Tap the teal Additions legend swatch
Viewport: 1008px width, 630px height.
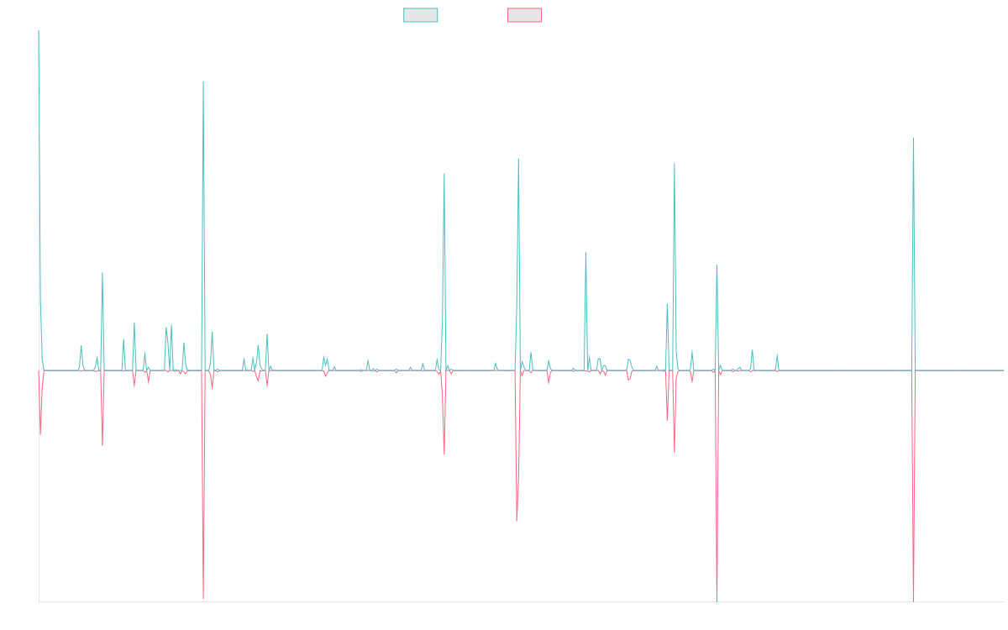coord(421,15)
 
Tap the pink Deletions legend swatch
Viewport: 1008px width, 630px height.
coord(525,15)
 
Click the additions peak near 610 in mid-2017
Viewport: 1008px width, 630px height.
coord(203,81)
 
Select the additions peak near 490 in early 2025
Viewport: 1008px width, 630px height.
coord(913,138)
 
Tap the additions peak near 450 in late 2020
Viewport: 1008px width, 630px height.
coord(518,159)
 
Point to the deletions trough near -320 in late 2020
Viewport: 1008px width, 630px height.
coord(517,522)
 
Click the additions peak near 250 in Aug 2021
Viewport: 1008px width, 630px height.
coord(585,253)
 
